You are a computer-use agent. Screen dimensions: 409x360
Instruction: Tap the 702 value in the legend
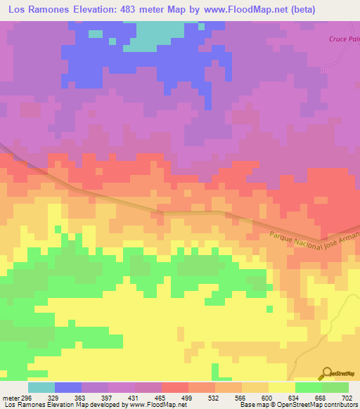tap(347, 397)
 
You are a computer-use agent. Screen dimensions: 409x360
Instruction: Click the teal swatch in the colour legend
tap(41, 387)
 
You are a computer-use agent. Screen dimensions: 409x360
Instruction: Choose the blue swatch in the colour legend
tap(67, 387)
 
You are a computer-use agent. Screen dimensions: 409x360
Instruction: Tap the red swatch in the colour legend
tap(174, 387)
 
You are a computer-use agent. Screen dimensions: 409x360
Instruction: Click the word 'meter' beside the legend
tap(10, 397)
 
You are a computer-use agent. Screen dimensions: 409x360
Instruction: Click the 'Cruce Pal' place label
tap(344, 39)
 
